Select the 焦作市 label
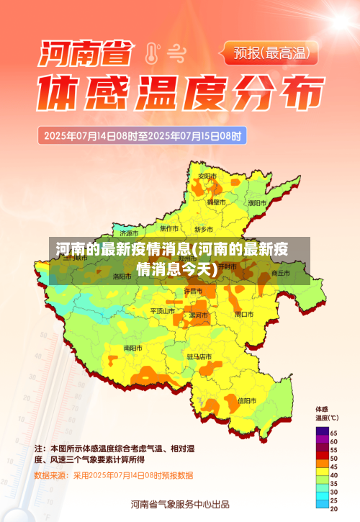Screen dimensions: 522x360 click(170, 228)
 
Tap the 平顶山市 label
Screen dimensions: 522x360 click(163, 310)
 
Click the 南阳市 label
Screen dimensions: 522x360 click(132, 348)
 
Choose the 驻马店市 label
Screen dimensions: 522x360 click(199, 356)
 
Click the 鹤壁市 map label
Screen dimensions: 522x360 click(217, 202)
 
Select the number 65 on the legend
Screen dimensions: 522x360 click(334, 432)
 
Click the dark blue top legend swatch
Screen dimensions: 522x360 click(322, 432)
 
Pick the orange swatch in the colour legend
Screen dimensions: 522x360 click(322, 466)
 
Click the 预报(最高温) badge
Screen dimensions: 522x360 click(276, 52)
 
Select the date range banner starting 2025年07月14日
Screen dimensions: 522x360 click(144, 135)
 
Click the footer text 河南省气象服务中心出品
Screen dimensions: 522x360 click(180, 504)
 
